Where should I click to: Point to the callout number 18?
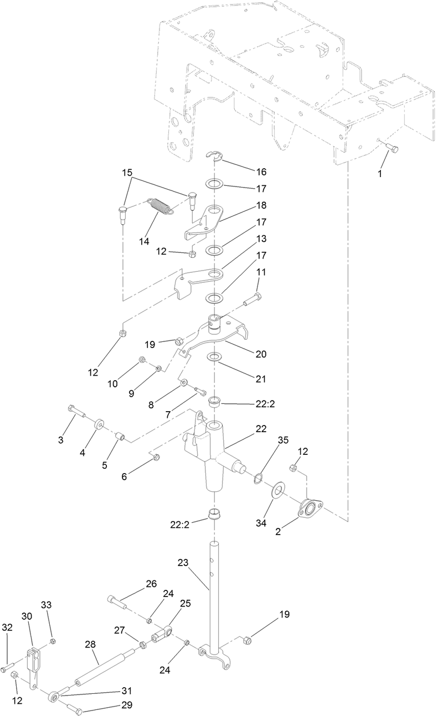(x=261, y=205)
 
